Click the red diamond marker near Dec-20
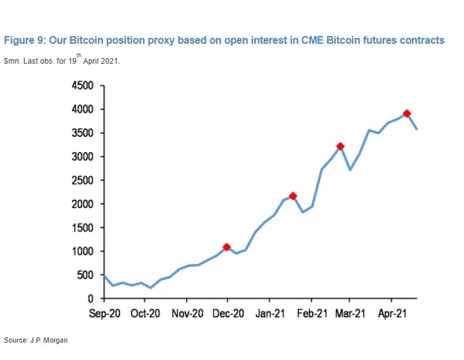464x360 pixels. (226, 248)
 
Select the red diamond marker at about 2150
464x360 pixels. (293, 196)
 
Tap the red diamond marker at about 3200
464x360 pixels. (339, 147)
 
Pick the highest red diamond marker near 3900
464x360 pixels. (407, 114)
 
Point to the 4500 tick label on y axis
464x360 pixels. (83, 85)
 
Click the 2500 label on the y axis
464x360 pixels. (83, 180)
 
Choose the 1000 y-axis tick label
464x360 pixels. (83, 251)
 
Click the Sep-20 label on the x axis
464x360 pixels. (104, 314)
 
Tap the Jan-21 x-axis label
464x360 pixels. (269, 314)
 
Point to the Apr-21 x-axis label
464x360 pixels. (391, 314)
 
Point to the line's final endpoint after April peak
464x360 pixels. (417, 129)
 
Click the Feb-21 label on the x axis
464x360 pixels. (312, 314)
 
